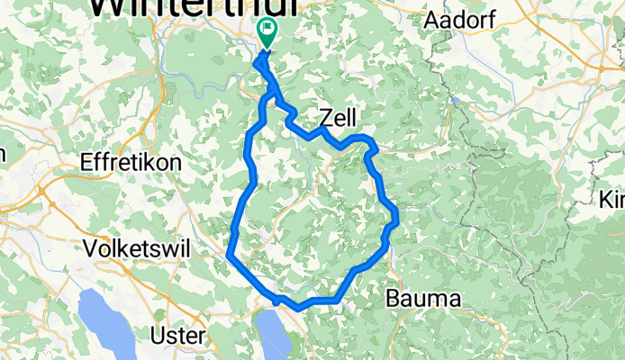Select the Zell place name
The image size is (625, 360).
[338, 116]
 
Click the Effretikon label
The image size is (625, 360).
[131, 164]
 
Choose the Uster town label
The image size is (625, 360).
[177, 335]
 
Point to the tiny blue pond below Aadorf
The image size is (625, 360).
[457, 101]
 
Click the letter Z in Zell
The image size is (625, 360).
[326, 117]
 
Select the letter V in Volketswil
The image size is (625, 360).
[89, 248]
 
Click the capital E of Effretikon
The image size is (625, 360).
[86, 164]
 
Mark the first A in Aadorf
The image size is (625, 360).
[431, 19]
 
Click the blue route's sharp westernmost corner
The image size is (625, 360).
[230, 256]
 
